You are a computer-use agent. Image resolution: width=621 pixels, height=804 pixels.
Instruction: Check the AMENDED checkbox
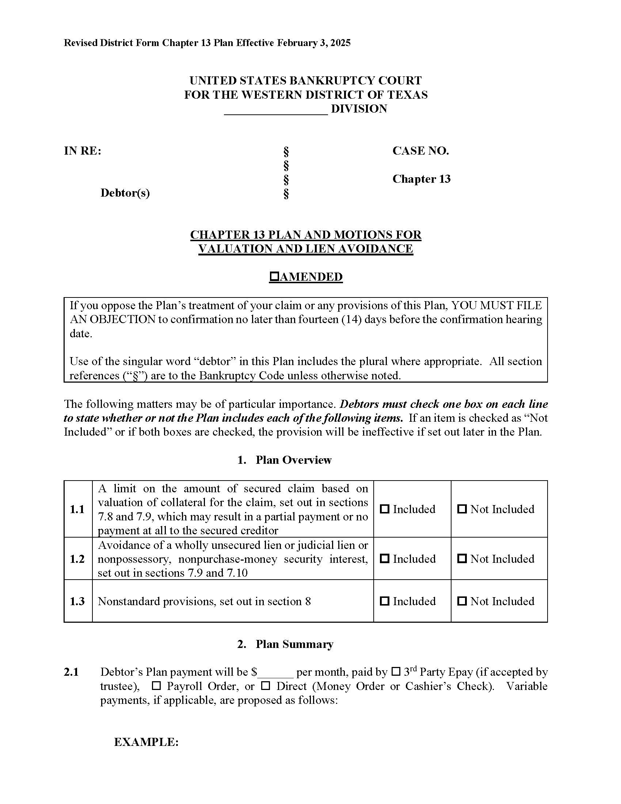coord(274,277)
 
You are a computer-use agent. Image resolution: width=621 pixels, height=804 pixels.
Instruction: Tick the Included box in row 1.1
coord(384,509)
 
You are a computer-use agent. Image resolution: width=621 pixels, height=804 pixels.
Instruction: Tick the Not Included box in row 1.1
coord(462,509)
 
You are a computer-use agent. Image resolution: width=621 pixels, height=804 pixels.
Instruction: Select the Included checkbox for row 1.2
coord(384,558)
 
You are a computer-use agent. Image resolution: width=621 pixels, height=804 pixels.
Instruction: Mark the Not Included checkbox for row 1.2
coord(462,558)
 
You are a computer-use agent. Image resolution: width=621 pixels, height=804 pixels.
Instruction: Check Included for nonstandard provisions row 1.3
coord(384,601)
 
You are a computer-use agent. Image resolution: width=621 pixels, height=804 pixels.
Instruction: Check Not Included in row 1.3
coord(462,601)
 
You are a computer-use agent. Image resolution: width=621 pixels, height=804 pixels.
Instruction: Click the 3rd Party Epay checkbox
coord(396,671)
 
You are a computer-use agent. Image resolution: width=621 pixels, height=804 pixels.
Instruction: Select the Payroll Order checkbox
coord(157,686)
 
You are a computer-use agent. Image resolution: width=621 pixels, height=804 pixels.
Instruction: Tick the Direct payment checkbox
coord(266,686)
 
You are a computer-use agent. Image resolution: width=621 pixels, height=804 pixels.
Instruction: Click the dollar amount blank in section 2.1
coord(275,673)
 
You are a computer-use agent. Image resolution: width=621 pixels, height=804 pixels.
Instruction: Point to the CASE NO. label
coord(420,151)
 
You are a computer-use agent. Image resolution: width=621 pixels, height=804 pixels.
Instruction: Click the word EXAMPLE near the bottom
coord(146,742)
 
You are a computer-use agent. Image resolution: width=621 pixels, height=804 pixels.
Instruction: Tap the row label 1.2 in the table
coord(77,559)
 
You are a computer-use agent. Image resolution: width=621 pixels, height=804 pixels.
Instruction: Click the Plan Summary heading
coord(294,644)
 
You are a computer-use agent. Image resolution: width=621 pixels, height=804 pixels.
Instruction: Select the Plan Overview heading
coord(293,460)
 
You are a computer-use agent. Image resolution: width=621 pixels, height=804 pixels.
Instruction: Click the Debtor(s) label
coord(125,193)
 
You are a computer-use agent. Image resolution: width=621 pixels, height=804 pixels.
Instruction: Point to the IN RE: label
coord(83,151)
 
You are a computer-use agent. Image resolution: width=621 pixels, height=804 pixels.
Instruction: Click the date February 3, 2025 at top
coord(313,43)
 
